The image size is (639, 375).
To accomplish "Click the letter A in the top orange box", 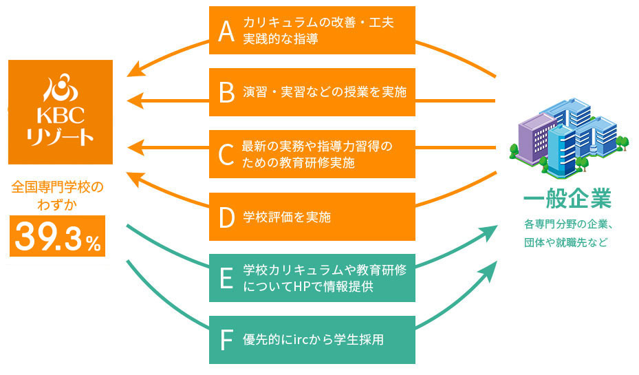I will coord(226,30).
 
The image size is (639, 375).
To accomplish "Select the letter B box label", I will coord(226,92).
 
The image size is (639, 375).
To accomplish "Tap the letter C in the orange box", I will coord(226,154).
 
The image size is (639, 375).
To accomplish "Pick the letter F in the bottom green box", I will coord(226,340).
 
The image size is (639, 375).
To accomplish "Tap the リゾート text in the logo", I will coord(61,136).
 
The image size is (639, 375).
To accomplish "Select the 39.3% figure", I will coord(58,237).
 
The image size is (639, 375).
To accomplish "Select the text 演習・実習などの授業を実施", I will coord(325,92).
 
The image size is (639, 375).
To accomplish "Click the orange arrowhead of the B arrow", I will coord(134,100).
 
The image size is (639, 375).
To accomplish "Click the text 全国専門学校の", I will coord(61,186).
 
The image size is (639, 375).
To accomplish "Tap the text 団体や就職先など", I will coord(566,243).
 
